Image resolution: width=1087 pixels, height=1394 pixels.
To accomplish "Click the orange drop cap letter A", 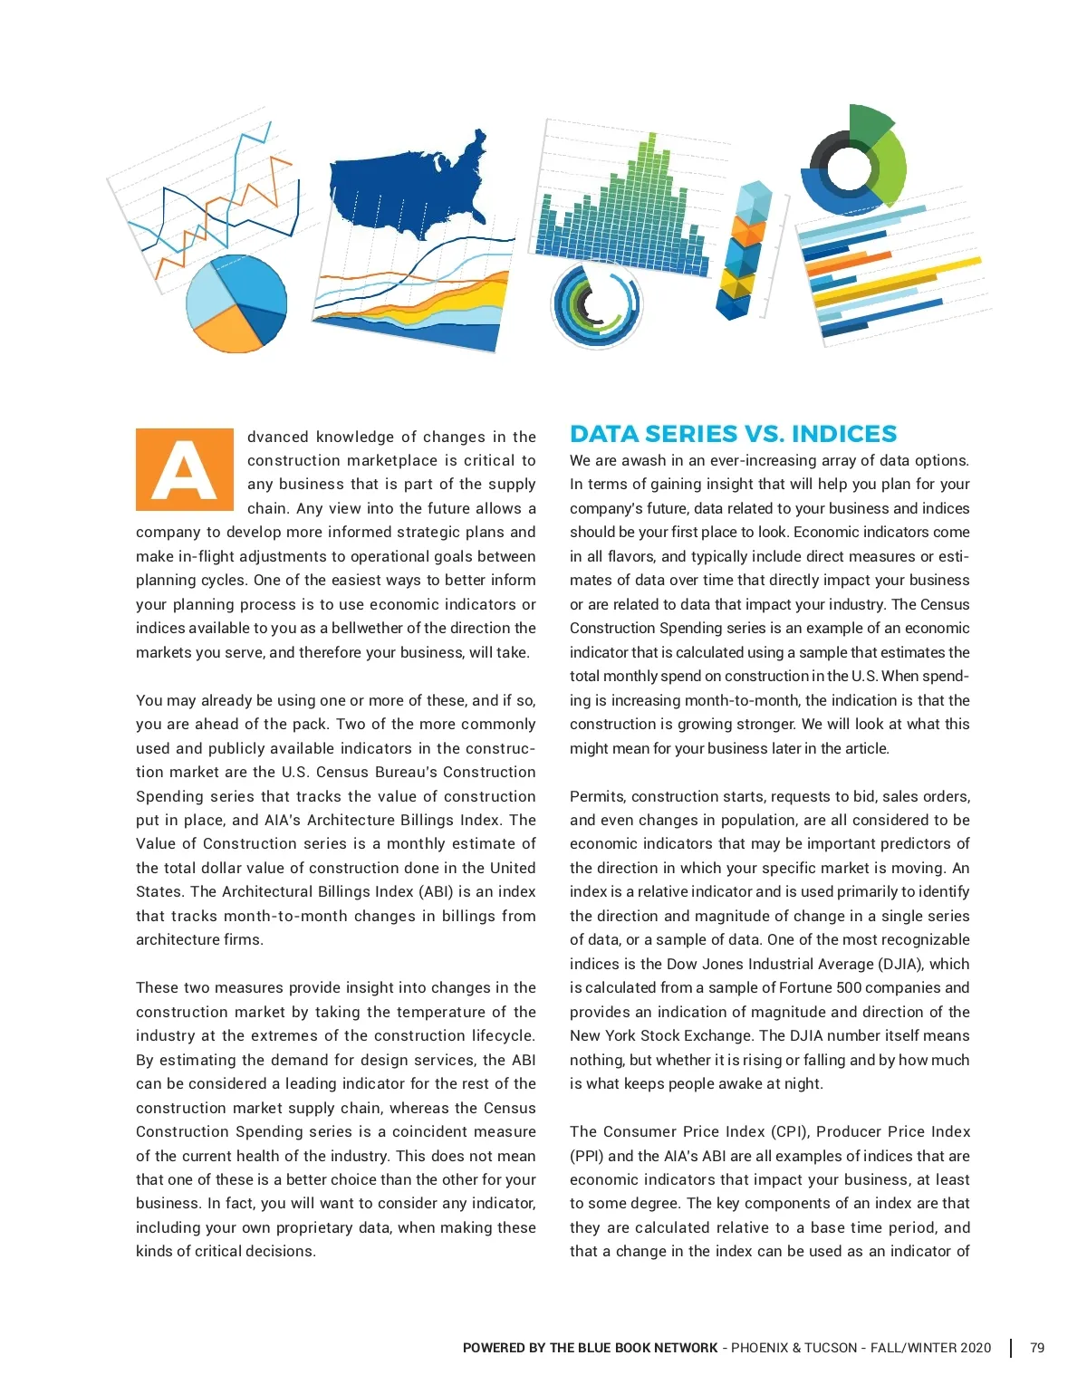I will (185, 469).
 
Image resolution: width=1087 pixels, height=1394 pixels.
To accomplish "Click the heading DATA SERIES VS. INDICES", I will (733, 434).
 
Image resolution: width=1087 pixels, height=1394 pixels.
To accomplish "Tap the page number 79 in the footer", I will (1037, 1348).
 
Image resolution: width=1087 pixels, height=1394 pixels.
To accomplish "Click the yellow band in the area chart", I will (480, 295).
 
